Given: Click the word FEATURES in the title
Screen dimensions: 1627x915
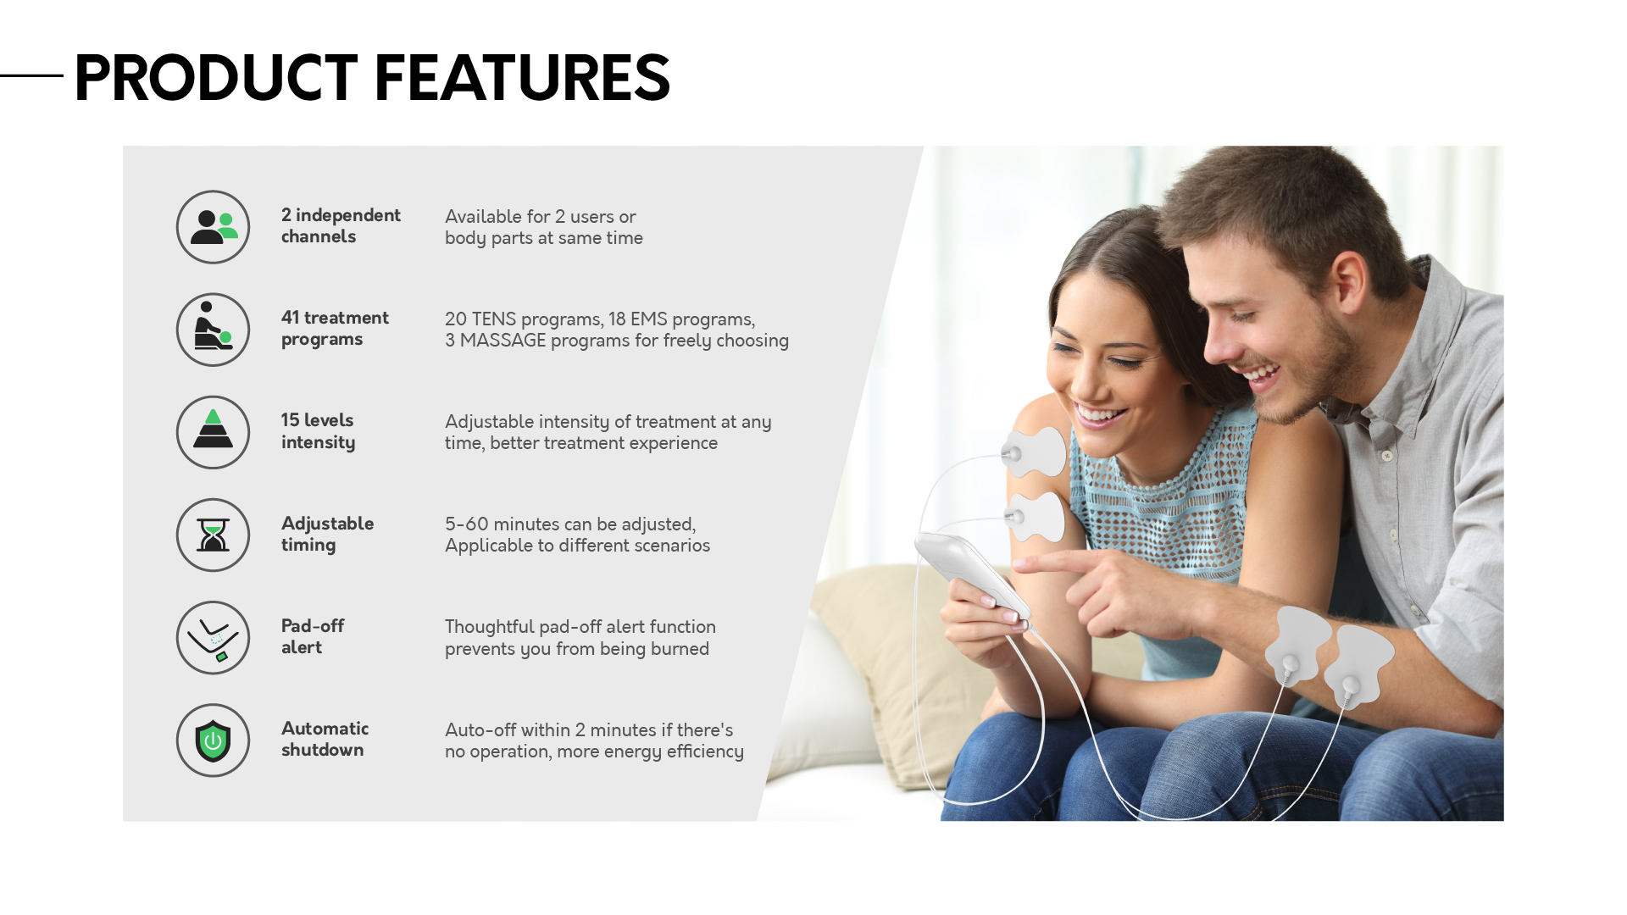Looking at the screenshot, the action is (522, 77).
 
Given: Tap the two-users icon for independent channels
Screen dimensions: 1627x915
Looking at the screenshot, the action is (213, 227).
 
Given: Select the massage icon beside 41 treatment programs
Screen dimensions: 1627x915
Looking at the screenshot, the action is (213, 330).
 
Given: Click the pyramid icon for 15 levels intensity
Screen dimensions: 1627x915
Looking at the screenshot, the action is (213, 432).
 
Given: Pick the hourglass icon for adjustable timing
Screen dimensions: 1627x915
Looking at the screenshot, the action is (213, 535).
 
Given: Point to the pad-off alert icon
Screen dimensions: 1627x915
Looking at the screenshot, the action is (213, 637).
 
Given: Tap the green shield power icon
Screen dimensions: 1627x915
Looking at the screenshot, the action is (213, 740).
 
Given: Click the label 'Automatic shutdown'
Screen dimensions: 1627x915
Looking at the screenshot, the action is (325, 739).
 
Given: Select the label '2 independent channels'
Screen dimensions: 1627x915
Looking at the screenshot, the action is (341, 225).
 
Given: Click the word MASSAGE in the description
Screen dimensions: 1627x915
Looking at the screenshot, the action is (503, 341).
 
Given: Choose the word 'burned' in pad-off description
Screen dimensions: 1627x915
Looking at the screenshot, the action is (680, 648).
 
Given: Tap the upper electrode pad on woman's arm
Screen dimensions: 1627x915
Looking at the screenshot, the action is (1035, 452).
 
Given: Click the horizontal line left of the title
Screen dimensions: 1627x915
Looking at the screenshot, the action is (31, 75).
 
